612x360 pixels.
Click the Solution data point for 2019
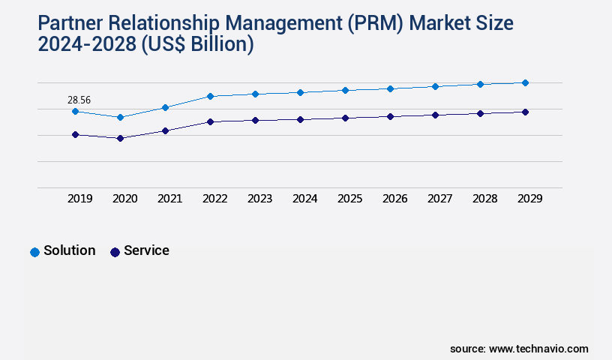pos(75,111)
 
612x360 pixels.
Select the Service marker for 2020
pos(120,138)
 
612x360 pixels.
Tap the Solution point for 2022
pos(210,96)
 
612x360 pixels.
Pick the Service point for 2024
pos(300,119)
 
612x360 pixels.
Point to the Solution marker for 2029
pos(525,82)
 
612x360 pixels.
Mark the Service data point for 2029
pos(525,112)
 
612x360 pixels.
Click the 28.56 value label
pos(79,99)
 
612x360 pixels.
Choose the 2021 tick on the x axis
pos(169,199)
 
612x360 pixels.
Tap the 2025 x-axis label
pos(349,199)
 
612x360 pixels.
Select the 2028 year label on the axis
pos(484,199)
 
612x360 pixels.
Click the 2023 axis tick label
pos(259,199)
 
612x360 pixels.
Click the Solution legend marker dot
pos(34,252)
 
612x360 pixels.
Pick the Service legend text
pos(146,250)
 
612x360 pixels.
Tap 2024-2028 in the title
pos(85,44)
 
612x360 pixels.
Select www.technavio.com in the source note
pos(538,349)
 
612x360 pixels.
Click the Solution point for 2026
pos(390,88)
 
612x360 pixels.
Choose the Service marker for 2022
pos(210,121)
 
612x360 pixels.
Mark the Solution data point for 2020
pos(120,117)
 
